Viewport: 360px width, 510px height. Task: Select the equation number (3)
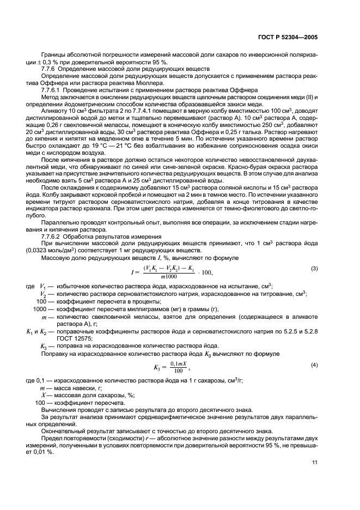click(314, 269)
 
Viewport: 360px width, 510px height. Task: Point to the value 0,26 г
click(47, 125)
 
